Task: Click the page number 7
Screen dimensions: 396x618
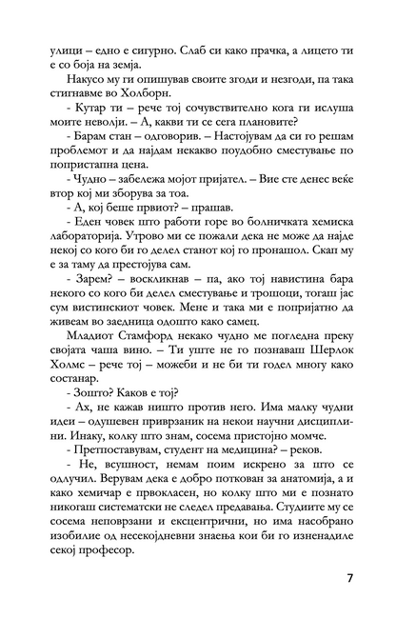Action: point(351,578)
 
